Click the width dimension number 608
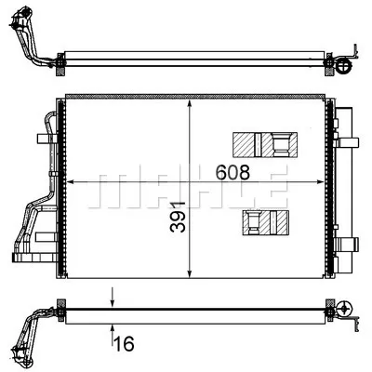[x=233, y=172]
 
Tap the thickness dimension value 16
[x=125, y=344]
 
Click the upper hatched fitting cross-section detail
[x=266, y=145]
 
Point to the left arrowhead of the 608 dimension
[x=74, y=181]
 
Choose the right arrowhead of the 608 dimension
[x=325, y=181]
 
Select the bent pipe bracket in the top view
[x=31, y=43]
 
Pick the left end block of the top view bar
[x=61, y=64]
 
